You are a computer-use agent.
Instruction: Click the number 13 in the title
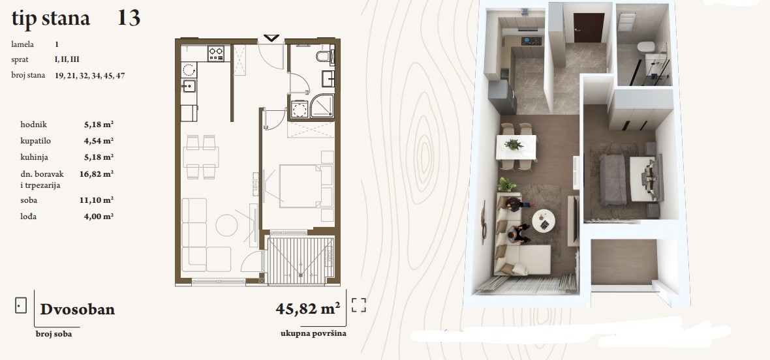pos(129,18)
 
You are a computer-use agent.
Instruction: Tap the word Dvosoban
pos(78,310)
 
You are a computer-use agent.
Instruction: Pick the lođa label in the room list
pos(29,217)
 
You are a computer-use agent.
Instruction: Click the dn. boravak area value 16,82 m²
pos(97,173)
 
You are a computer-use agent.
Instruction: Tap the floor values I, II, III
pos(67,59)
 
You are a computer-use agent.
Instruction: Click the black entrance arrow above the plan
pos(271,38)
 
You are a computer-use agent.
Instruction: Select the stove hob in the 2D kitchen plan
pos(216,53)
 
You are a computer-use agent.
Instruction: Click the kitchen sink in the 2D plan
pos(188,86)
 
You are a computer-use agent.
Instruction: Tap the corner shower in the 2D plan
pos(322,106)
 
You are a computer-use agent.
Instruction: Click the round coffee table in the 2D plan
pos(227,225)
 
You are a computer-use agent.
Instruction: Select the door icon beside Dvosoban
pos(21,306)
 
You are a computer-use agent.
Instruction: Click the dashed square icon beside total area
pos(358,305)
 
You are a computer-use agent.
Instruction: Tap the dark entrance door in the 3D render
pos(589,27)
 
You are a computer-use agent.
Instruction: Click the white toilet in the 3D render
pos(646,47)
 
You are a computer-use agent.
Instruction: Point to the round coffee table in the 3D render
pos(544,221)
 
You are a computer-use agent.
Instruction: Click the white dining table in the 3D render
pos(516,147)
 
